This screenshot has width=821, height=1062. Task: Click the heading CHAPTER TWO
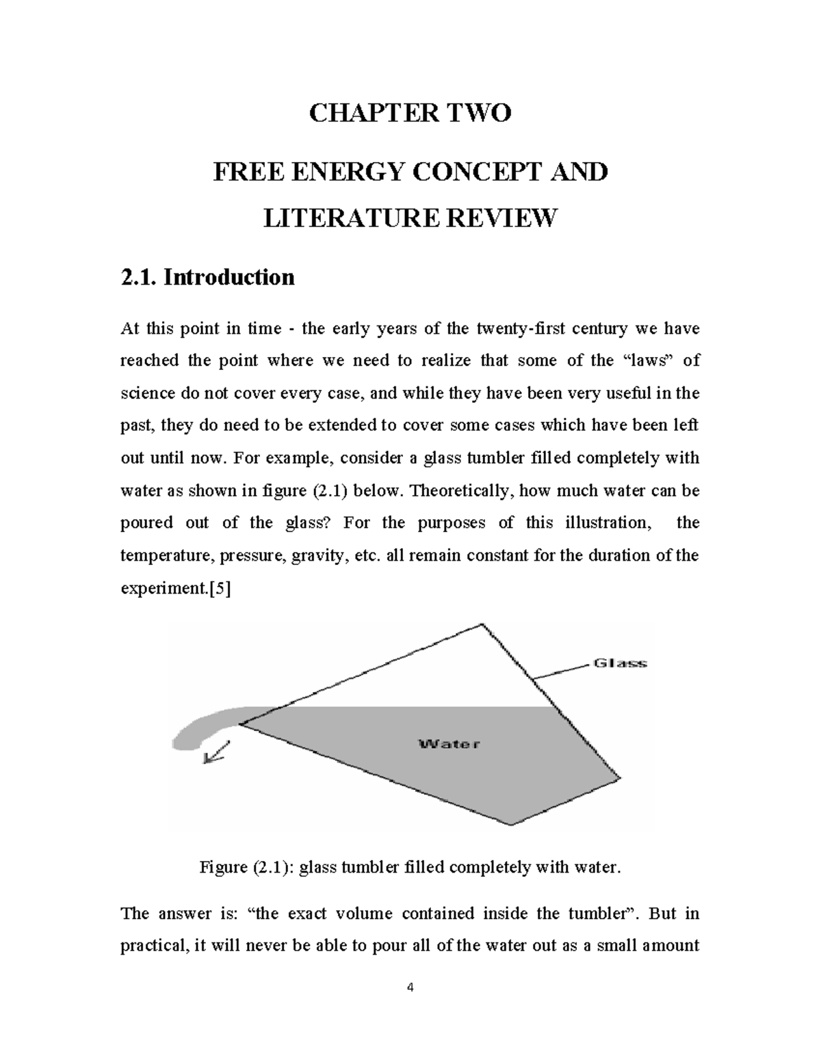(x=410, y=113)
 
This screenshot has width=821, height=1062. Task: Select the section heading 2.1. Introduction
(x=207, y=277)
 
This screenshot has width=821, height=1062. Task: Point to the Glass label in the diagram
(x=619, y=663)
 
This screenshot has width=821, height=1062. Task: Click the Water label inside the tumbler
(x=449, y=744)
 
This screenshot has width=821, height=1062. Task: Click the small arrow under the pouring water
(x=217, y=754)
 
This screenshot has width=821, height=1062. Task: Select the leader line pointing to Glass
(x=561, y=670)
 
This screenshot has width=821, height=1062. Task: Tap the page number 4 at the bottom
(x=410, y=987)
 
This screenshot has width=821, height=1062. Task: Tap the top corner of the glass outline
(x=482, y=624)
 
